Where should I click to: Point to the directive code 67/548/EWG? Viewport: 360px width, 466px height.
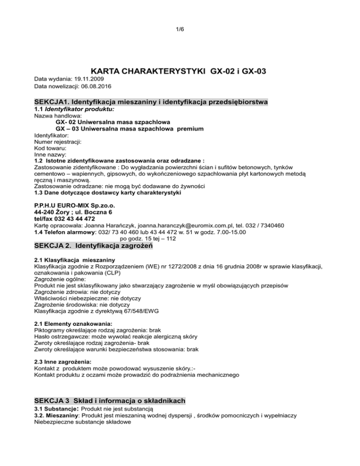(142, 310)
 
